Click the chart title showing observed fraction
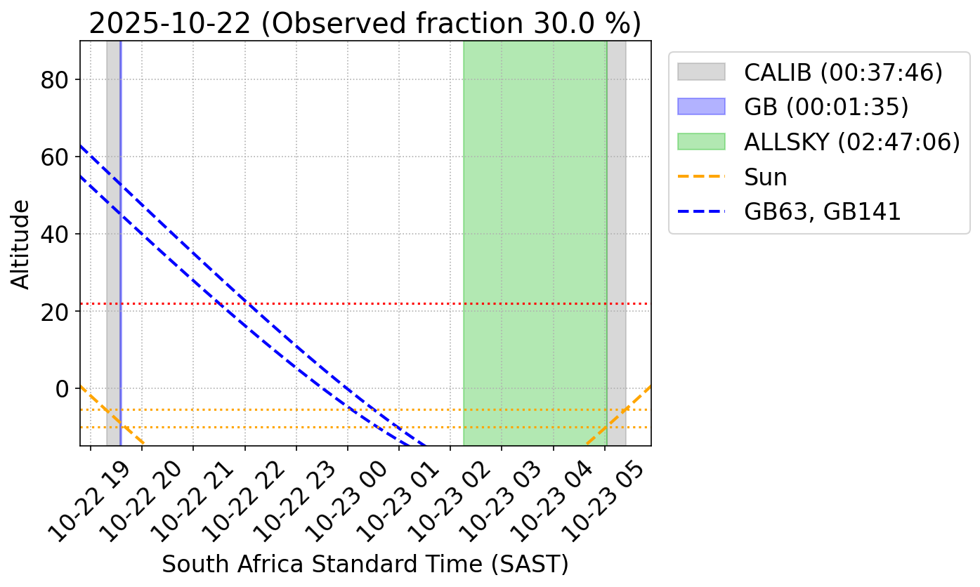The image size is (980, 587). click(x=365, y=23)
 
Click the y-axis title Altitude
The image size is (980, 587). click(x=22, y=244)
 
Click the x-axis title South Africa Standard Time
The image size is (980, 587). click(x=365, y=564)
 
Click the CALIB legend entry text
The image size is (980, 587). click(x=843, y=72)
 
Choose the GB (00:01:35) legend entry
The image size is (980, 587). click(x=826, y=107)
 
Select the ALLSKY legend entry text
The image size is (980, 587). click(x=851, y=142)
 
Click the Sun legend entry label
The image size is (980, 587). click(x=766, y=177)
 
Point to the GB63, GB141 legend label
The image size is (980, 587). click(x=822, y=211)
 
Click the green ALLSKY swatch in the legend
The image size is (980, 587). click(x=701, y=142)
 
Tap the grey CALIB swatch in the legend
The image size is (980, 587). click(x=701, y=72)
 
